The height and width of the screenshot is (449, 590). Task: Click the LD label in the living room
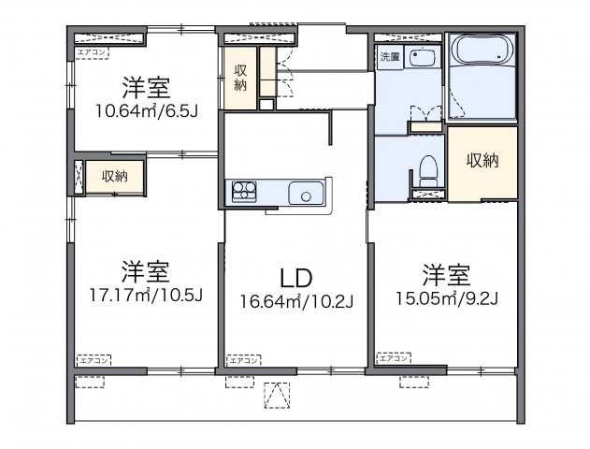(295, 278)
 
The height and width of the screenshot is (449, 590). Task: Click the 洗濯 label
(388, 57)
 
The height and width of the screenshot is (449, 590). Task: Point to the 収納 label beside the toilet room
(482, 160)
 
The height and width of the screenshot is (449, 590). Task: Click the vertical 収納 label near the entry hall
(240, 78)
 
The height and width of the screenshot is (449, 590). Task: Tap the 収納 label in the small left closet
(114, 176)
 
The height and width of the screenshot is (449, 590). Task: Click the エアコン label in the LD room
(244, 359)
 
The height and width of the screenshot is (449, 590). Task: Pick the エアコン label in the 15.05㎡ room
(394, 357)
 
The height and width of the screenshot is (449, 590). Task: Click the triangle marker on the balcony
(276, 398)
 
